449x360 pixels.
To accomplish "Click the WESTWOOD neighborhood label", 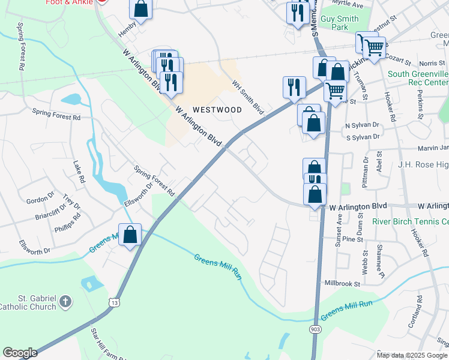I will (217, 110).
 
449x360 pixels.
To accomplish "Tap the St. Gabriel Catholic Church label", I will (28, 302).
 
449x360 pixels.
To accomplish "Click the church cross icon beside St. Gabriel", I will (67, 302).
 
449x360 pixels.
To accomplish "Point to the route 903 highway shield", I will (316, 329).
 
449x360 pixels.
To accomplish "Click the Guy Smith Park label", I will (339, 23).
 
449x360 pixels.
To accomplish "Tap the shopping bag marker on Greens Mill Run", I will (130, 235).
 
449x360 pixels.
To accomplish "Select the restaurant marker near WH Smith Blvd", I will (294, 87).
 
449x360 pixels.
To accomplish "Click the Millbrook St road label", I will (341, 283).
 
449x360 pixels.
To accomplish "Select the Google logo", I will (20, 353).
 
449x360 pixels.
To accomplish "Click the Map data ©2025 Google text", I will (412, 355).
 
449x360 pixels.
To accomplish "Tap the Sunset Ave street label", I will (339, 226).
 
